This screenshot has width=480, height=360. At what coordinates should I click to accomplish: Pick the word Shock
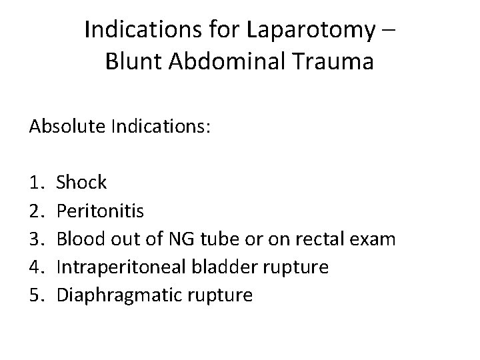(x=81, y=181)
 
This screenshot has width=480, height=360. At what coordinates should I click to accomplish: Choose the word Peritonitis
(x=99, y=210)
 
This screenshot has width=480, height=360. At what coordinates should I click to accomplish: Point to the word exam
(x=377, y=239)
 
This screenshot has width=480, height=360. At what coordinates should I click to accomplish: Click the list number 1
(x=36, y=181)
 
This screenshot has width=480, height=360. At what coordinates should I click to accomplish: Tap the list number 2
(x=36, y=210)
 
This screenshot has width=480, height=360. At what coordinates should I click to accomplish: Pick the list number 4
(x=36, y=267)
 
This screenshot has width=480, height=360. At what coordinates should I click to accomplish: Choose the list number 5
(x=36, y=296)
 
